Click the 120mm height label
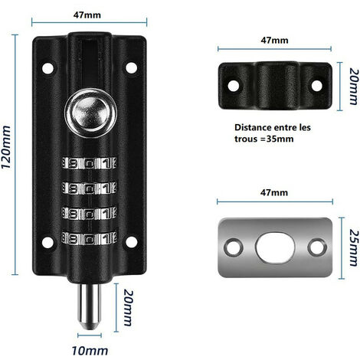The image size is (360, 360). pos(6,147)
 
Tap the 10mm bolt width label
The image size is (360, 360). pos(90,351)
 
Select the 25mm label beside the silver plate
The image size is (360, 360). pos(354,247)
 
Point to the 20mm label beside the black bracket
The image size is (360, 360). pos(354,87)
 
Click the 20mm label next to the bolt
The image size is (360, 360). pos(129,307)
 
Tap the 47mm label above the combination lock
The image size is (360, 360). pos(87,15)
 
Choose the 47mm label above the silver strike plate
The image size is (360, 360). pos(274,192)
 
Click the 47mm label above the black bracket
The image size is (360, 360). pos(274,40)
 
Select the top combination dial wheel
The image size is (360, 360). pos(89,163)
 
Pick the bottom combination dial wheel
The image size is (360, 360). pos(89,238)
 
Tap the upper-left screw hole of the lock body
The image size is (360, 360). pos(47,68)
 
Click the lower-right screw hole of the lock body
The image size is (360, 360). pos(131,242)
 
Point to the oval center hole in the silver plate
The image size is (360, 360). pos(275,247)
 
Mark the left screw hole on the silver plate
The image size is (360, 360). pos(234,247)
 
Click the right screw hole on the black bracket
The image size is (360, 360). pos(317,86)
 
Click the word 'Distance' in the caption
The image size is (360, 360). pos(253,127)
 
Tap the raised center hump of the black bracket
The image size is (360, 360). pos(278,85)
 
